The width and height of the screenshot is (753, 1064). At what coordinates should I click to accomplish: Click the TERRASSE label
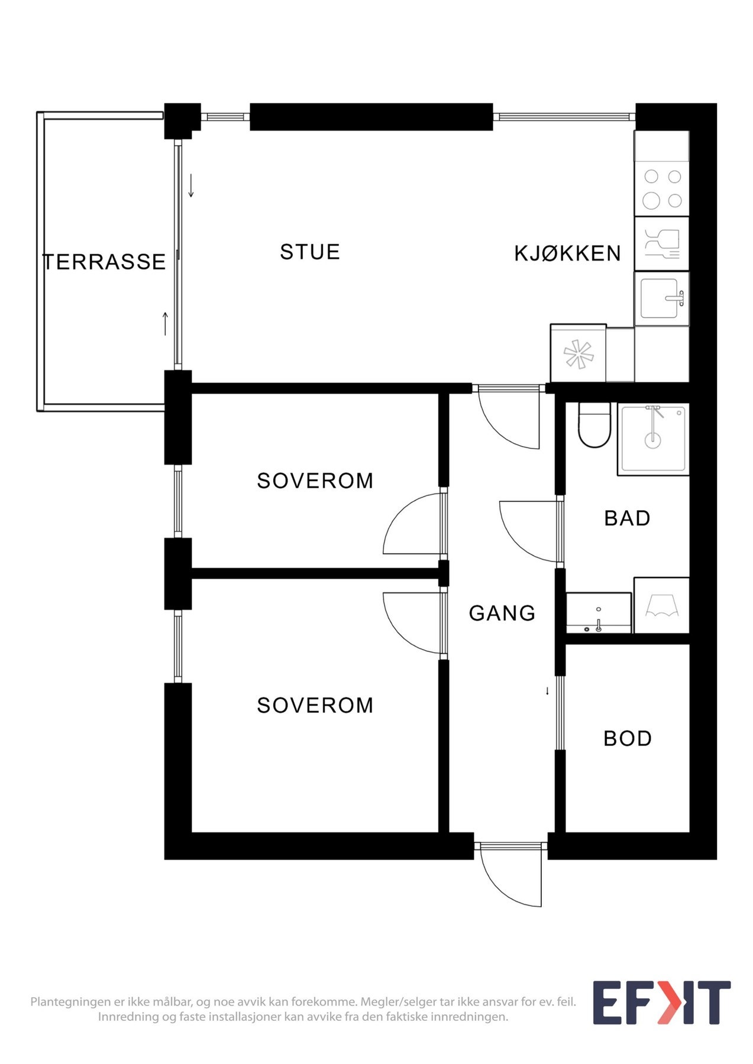[x=104, y=262]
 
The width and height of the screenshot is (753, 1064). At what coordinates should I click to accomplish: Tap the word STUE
[x=309, y=252]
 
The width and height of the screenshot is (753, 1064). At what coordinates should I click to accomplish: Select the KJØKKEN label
[x=567, y=254]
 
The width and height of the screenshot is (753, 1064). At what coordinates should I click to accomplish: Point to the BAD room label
[x=627, y=518]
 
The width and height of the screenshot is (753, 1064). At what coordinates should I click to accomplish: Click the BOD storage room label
[x=628, y=738]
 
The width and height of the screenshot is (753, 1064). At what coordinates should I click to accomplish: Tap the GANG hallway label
[x=502, y=614]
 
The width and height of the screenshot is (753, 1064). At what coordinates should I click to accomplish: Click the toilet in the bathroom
[x=594, y=426]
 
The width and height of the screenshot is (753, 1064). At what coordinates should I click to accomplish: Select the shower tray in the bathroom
[x=653, y=439]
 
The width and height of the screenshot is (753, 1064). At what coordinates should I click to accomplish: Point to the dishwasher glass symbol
[x=661, y=244]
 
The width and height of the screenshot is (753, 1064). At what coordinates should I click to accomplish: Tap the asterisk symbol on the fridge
[x=578, y=355]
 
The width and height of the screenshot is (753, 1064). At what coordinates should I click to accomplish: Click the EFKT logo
[x=661, y=1003]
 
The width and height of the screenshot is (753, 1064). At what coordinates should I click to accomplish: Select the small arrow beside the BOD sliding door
[x=547, y=690]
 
